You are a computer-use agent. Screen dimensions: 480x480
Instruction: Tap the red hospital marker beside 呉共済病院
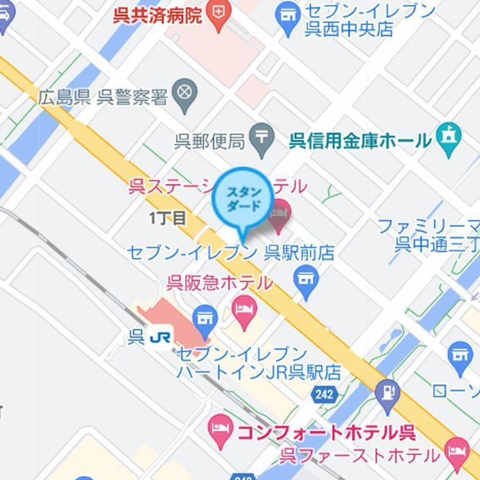tap(218, 14)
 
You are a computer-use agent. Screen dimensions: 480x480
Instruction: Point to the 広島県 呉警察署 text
tap(103, 98)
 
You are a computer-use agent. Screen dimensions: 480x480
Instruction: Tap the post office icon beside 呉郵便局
tap(262, 140)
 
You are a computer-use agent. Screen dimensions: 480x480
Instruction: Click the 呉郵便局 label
tap(210, 141)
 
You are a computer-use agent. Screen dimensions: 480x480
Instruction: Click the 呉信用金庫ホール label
tap(360, 141)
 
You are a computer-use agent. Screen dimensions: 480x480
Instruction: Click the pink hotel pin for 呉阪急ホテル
tap(244, 311)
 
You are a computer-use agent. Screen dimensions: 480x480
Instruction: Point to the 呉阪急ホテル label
tap(219, 283)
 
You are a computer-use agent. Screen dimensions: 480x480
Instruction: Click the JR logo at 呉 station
tap(160, 337)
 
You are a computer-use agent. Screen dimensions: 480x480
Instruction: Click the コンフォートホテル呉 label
tap(326, 431)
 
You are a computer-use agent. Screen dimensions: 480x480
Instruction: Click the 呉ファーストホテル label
tap(360, 456)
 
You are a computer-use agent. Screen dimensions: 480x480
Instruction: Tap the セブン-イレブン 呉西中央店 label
tap(368, 20)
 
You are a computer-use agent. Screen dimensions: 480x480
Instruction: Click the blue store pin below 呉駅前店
tap(306, 281)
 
